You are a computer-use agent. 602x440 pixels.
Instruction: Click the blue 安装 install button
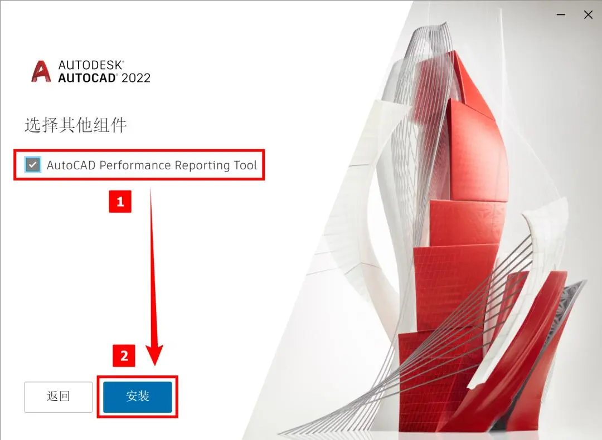coord(138,397)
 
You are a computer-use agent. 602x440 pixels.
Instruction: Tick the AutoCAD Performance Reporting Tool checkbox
coord(33,165)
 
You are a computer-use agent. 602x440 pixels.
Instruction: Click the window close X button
coord(588,14)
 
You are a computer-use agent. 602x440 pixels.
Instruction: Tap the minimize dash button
coord(561,14)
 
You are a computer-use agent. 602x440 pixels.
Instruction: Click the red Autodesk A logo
coord(41,71)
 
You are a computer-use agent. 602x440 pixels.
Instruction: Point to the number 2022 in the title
coord(136,78)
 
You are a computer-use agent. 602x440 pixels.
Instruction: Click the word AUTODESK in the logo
coord(91,65)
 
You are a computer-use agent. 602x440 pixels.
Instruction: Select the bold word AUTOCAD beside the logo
coord(87,78)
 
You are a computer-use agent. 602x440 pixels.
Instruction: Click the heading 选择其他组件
coord(76,125)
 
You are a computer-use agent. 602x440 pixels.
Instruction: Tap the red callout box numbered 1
coord(120,202)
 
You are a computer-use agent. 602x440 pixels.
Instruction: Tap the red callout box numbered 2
coord(124,355)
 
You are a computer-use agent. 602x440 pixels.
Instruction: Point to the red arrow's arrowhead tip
coord(155,365)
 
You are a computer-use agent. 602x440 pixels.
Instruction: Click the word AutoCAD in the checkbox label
coord(71,165)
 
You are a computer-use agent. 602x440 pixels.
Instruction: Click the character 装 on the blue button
coord(144,396)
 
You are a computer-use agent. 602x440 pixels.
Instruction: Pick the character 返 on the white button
coord(52,396)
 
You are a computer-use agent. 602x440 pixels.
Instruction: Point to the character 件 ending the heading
coord(118,125)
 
